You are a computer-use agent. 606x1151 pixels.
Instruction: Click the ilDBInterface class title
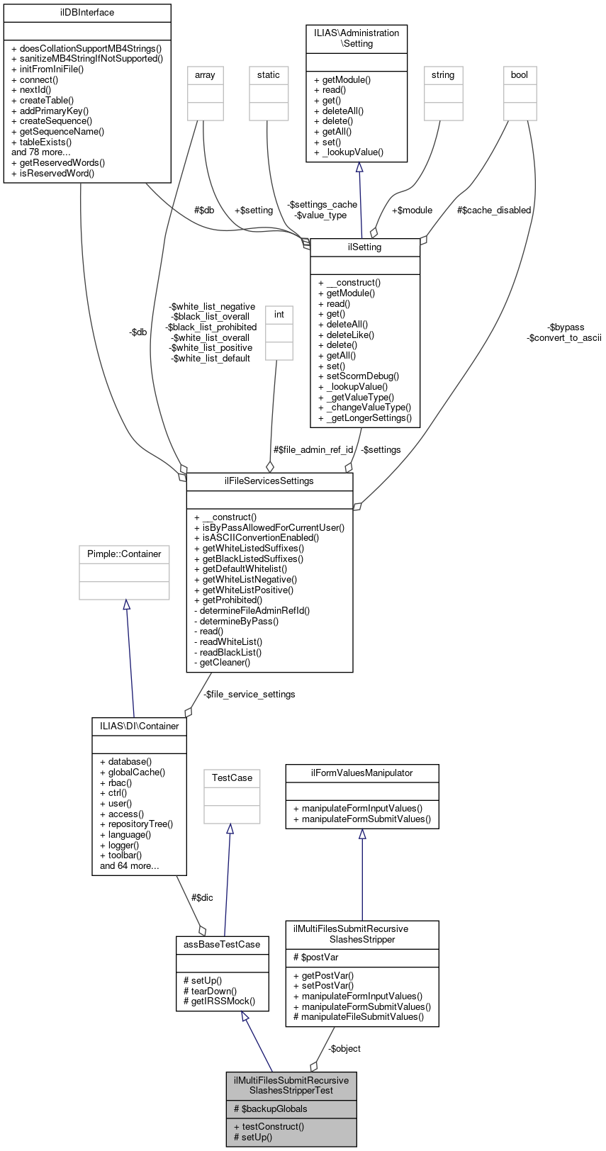(87, 13)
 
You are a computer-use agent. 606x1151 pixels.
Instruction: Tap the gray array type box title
(205, 75)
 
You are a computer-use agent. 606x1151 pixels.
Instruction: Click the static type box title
(269, 75)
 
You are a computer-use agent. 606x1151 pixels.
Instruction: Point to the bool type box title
(520, 75)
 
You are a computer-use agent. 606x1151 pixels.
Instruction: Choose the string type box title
(443, 75)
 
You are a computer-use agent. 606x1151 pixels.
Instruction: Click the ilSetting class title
(365, 247)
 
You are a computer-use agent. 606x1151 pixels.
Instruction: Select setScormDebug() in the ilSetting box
(359, 376)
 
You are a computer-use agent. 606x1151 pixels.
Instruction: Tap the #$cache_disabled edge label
(494, 210)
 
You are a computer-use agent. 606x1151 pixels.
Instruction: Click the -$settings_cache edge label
(322, 205)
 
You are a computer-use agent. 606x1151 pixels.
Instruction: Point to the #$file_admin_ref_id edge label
(313, 450)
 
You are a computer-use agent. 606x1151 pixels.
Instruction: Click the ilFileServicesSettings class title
(269, 481)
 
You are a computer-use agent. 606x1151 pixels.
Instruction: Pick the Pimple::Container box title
(124, 554)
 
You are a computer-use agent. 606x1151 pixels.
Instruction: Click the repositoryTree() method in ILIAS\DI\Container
(136, 824)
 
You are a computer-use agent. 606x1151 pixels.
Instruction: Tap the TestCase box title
(232, 778)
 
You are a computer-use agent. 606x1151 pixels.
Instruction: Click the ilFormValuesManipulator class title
(362, 773)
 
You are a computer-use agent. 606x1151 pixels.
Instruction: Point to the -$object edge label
(344, 1049)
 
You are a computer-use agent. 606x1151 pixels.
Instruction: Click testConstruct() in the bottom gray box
(273, 1127)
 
